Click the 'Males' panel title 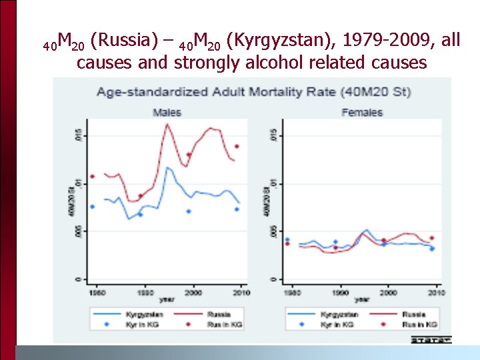pos(167,112)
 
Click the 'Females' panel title pos(361,112)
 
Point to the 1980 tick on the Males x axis pos(97,292)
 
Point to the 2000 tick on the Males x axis pos(192,292)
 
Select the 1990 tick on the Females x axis pos(341,292)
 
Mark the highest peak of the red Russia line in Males pos(167,124)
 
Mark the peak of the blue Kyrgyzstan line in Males pos(168,167)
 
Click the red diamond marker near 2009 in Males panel pos(237,147)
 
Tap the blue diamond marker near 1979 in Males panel pos(93,207)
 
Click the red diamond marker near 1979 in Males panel pos(93,177)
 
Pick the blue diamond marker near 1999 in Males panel pos(189,211)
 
